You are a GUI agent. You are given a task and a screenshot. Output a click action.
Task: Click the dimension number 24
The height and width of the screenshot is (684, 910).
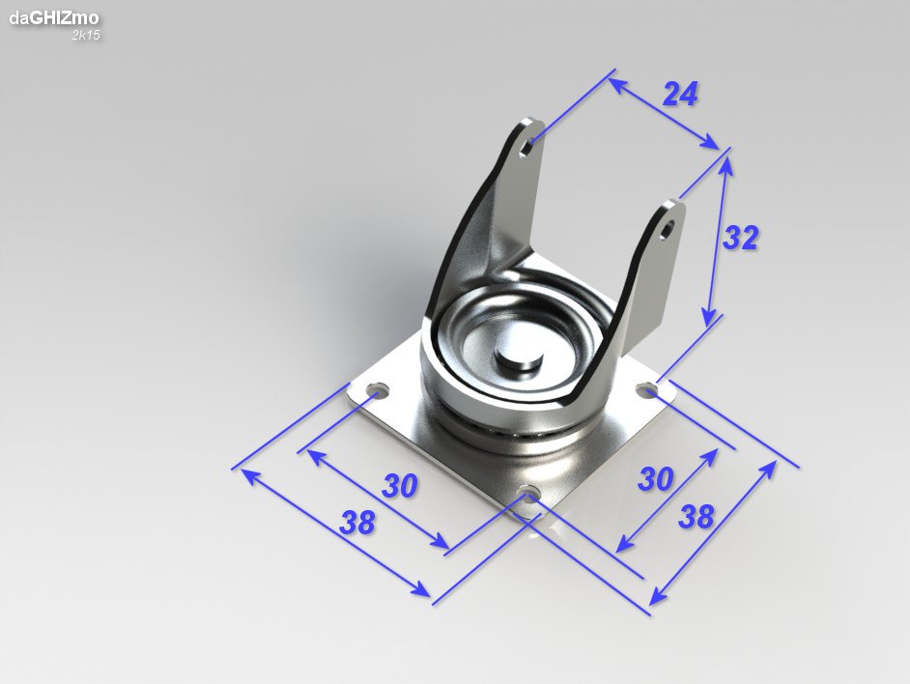pos(680,94)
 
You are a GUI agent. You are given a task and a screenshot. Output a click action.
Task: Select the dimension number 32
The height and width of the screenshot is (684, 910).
pos(741,238)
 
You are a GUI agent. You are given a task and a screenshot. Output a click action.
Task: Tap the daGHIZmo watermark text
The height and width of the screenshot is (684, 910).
pos(53,18)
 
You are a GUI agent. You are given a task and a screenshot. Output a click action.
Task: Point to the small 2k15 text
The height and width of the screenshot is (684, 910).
pos(86,35)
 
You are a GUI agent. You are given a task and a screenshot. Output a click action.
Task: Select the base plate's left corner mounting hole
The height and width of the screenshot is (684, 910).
pos(379,389)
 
